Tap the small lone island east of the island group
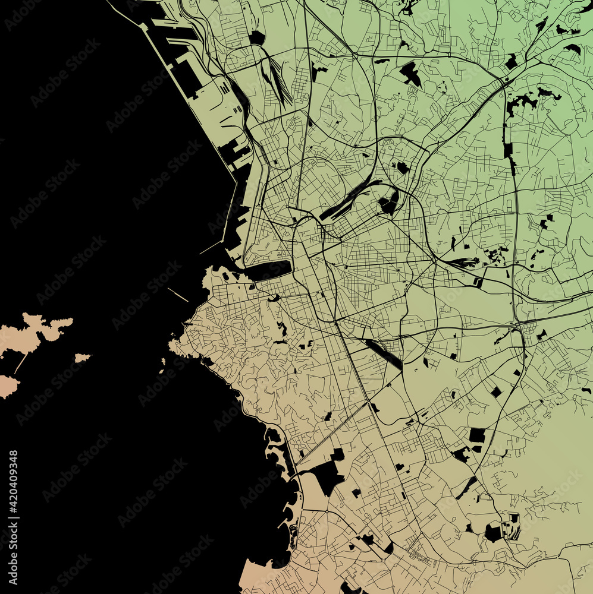coord(82,358)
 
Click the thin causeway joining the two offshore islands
coord(21,362)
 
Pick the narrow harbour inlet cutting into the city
coord(268,270)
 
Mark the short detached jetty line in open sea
coord(177,294)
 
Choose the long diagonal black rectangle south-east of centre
coord(383,353)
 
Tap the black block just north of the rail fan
coord(257,38)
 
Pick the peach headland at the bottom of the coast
coord(253,579)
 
